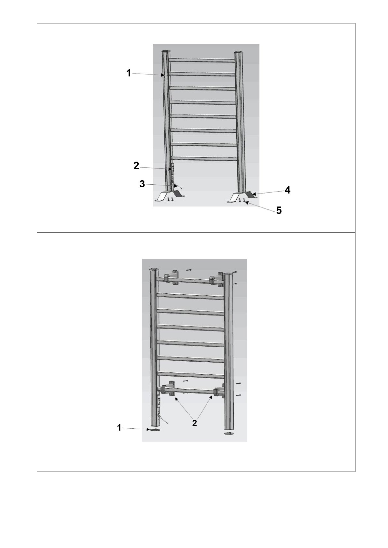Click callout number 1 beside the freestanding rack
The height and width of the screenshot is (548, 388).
pos(129,73)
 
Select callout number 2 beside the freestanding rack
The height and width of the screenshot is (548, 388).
pos(136,166)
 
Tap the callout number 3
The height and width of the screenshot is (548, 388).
pos(142,184)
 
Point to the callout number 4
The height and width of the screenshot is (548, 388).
pos(288,190)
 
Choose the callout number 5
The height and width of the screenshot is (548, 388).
pos(279,210)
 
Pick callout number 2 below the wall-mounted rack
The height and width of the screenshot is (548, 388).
pos(194,423)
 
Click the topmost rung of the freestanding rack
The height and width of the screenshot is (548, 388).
pos(202,60)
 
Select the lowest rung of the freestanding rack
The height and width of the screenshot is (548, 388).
pos(204,158)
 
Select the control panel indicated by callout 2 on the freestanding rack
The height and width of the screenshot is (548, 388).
pos(172,169)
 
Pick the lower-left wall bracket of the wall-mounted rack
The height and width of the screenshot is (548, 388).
pos(168,389)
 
